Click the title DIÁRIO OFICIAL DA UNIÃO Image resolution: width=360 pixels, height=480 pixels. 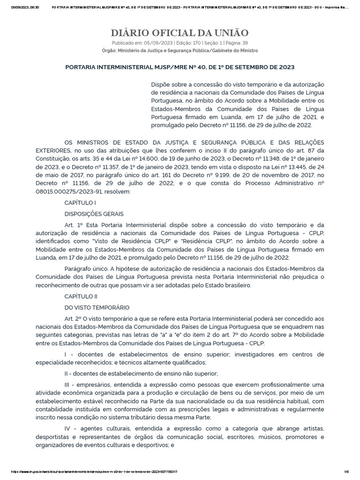(x=180, y=33)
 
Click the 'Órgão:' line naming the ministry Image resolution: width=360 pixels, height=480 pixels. (x=180, y=50)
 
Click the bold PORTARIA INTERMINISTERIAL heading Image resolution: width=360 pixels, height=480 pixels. (x=180, y=67)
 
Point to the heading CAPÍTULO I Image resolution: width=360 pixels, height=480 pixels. (x=80, y=202)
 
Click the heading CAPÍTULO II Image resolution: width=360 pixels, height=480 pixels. (x=81, y=296)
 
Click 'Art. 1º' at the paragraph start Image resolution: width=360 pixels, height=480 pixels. (x=73, y=225)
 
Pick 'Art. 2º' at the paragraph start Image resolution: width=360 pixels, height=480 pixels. (x=73, y=318)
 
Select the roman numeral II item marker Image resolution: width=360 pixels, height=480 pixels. (x=67, y=373)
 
